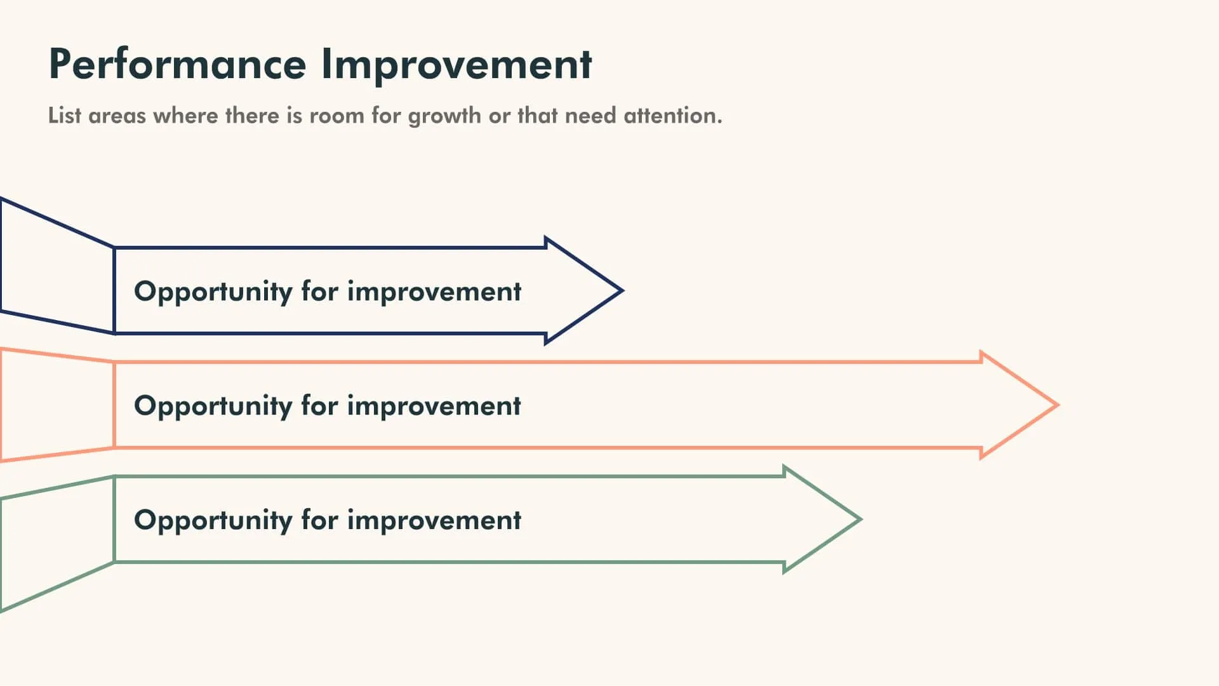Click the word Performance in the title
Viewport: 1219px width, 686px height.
coord(177,64)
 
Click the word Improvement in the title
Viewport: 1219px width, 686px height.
coord(456,64)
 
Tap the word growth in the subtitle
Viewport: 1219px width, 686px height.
coord(444,116)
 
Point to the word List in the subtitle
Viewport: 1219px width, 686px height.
coord(65,116)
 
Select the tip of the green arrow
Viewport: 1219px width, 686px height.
coord(858,520)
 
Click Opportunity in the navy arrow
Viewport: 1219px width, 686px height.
coord(213,292)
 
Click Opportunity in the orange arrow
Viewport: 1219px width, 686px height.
coord(213,407)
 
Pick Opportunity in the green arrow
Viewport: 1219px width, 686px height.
coord(213,521)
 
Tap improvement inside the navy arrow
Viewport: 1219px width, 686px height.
coord(434,292)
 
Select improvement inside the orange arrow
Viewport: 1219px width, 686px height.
coord(434,407)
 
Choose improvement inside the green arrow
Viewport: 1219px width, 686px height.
coord(434,521)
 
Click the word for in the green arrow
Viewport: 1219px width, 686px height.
coord(319,520)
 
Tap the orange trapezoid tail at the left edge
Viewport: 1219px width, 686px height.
coord(54,405)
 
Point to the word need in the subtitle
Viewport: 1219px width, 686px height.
coord(590,116)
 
